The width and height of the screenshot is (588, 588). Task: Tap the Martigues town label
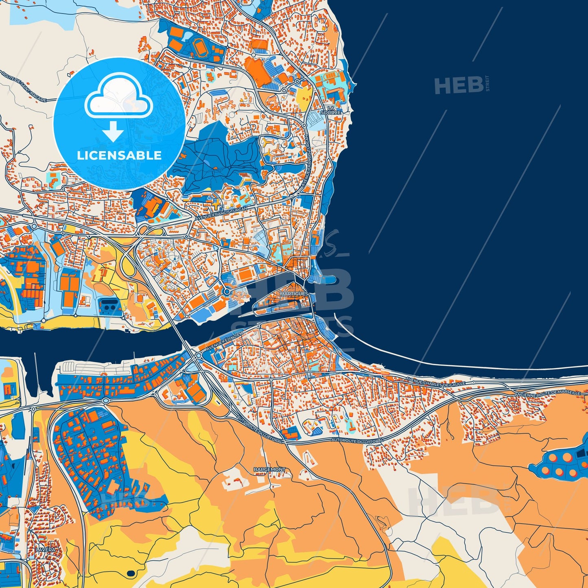(294, 293)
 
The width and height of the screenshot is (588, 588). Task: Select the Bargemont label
(269, 470)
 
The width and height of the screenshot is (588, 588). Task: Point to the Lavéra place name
(45, 550)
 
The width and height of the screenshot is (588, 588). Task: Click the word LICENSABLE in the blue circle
(119, 155)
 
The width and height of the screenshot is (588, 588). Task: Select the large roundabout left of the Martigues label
(226, 292)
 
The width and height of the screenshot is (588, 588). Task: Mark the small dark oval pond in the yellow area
(131, 573)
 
